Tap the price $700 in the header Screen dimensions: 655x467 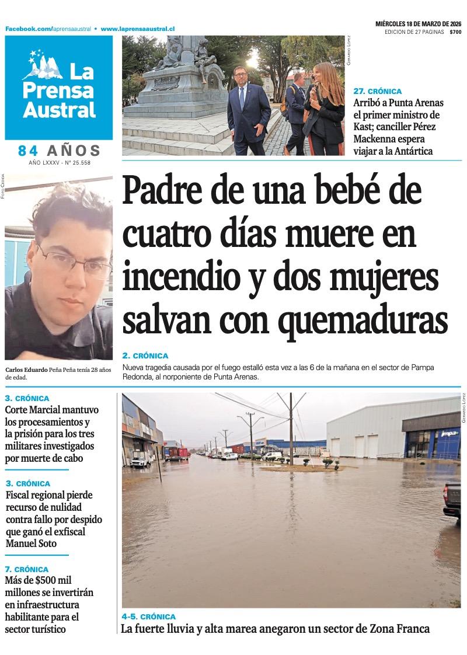[455, 32]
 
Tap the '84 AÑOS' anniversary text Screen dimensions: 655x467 [59, 151]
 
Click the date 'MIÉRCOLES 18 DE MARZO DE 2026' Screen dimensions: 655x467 [418, 24]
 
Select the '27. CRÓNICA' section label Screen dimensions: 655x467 [377, 92]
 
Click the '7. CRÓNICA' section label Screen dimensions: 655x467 [27, 569]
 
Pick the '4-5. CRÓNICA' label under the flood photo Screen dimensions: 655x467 [148, 616]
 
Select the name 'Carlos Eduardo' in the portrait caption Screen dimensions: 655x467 [26, 370]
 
